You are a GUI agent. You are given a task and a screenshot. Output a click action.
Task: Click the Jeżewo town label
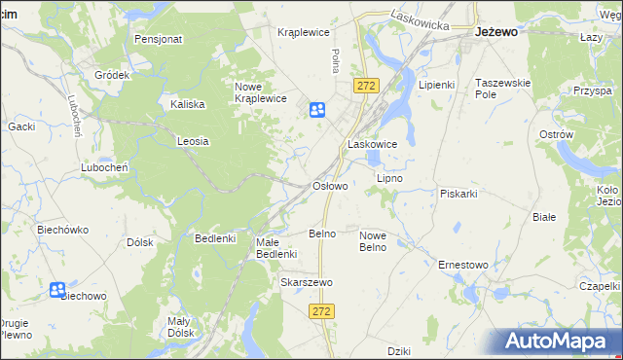(x=495, y=31)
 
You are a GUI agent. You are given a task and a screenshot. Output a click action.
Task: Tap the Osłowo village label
(x=329, y=185)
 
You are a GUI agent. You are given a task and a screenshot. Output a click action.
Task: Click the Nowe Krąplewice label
(x=259, y=92)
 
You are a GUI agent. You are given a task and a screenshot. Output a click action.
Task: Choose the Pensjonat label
(x=159, y=40)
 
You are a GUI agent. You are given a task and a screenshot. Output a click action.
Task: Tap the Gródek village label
(x=112, y=75)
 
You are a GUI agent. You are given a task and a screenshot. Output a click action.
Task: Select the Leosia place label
(x=193, y=141)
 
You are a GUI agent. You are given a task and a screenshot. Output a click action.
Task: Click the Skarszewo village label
(x=307, y=282)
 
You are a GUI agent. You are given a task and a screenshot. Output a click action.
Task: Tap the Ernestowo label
(x=462, y=265)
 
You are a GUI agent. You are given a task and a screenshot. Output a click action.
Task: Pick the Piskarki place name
(x=458, y=193)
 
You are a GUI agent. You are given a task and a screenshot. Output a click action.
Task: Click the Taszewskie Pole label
(x=502, y=90)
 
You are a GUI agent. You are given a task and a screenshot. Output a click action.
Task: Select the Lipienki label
(x=436, y=85)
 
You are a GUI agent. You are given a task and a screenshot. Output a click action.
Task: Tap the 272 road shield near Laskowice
(x=366, y=87)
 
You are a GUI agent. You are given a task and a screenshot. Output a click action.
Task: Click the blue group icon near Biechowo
(x=57, y=290)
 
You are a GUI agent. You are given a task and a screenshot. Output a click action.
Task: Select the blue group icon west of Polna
(x=317, y=111)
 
